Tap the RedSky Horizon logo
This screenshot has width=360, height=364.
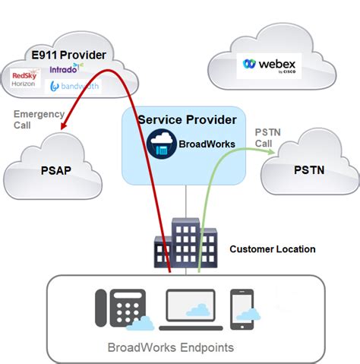click(x=28, y=78)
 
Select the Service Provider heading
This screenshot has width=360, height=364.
click(x=186, y=120)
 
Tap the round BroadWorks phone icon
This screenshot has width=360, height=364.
click(x=161, y=143)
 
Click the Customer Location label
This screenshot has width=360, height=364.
click(x=272, y=248)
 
